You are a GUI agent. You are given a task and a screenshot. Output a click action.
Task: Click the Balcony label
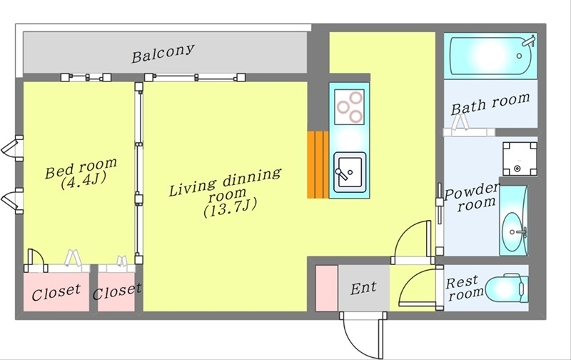[x=163, y=54]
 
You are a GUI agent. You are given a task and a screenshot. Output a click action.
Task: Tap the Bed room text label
[x=81, y=168]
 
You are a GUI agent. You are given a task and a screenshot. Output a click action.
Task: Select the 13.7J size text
[x=230, y=207]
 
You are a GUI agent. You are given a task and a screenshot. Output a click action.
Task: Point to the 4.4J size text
[x=83, y=180]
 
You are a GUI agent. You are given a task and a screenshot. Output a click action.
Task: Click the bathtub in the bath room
[x=490, y=56]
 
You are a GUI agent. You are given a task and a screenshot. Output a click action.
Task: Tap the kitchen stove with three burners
[x=349, y=106]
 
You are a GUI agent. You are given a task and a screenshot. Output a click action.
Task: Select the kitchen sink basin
[x=350, y=172]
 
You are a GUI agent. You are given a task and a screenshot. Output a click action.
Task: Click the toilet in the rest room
[x=507, y=289]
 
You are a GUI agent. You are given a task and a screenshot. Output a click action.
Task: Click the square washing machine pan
[x=520, y=159]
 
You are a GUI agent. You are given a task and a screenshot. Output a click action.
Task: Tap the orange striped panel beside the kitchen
[x=318, y=164]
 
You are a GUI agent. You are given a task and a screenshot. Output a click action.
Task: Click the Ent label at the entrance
[x=363, y=289]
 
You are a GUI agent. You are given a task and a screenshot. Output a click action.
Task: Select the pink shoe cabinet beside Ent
[x=327, y=289]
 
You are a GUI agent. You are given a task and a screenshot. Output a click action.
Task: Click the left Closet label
[x=56, y=292]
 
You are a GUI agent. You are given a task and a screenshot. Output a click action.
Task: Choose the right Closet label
[x=117, y=291]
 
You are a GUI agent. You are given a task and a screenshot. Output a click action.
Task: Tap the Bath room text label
[x=490, y=104]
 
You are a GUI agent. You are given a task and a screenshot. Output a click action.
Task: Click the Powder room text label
[x=472, y=197]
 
